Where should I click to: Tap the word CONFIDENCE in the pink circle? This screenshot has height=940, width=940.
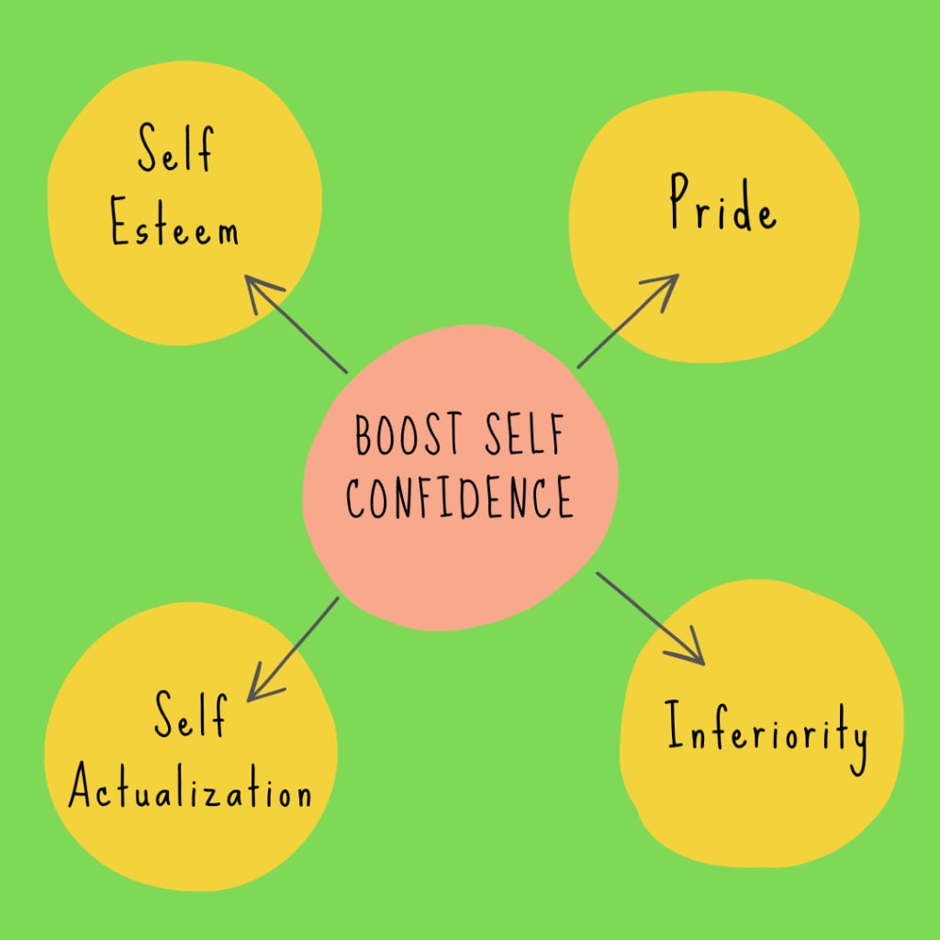coord(459,498)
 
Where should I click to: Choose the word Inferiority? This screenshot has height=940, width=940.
coord(767,734)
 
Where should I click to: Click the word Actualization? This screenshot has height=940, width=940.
coord(191,789)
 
